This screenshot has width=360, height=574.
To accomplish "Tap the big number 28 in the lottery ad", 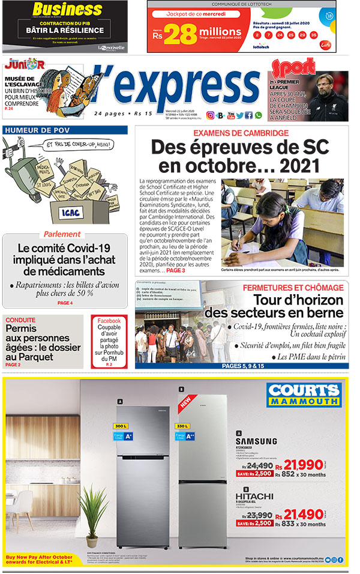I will [181, 35].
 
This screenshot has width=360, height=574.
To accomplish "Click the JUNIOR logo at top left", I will [24, 64].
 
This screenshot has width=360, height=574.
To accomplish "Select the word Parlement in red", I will [61, 234].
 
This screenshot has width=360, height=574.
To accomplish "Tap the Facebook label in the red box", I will [109, 321].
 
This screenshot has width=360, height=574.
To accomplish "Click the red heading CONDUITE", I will [20, 320].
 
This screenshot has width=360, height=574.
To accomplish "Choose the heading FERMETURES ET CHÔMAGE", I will [293, 288].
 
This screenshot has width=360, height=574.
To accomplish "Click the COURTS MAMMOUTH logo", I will [304, 394].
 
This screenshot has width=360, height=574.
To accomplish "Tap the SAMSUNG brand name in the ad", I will [256, 441].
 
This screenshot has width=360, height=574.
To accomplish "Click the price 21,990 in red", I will [308, 464].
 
